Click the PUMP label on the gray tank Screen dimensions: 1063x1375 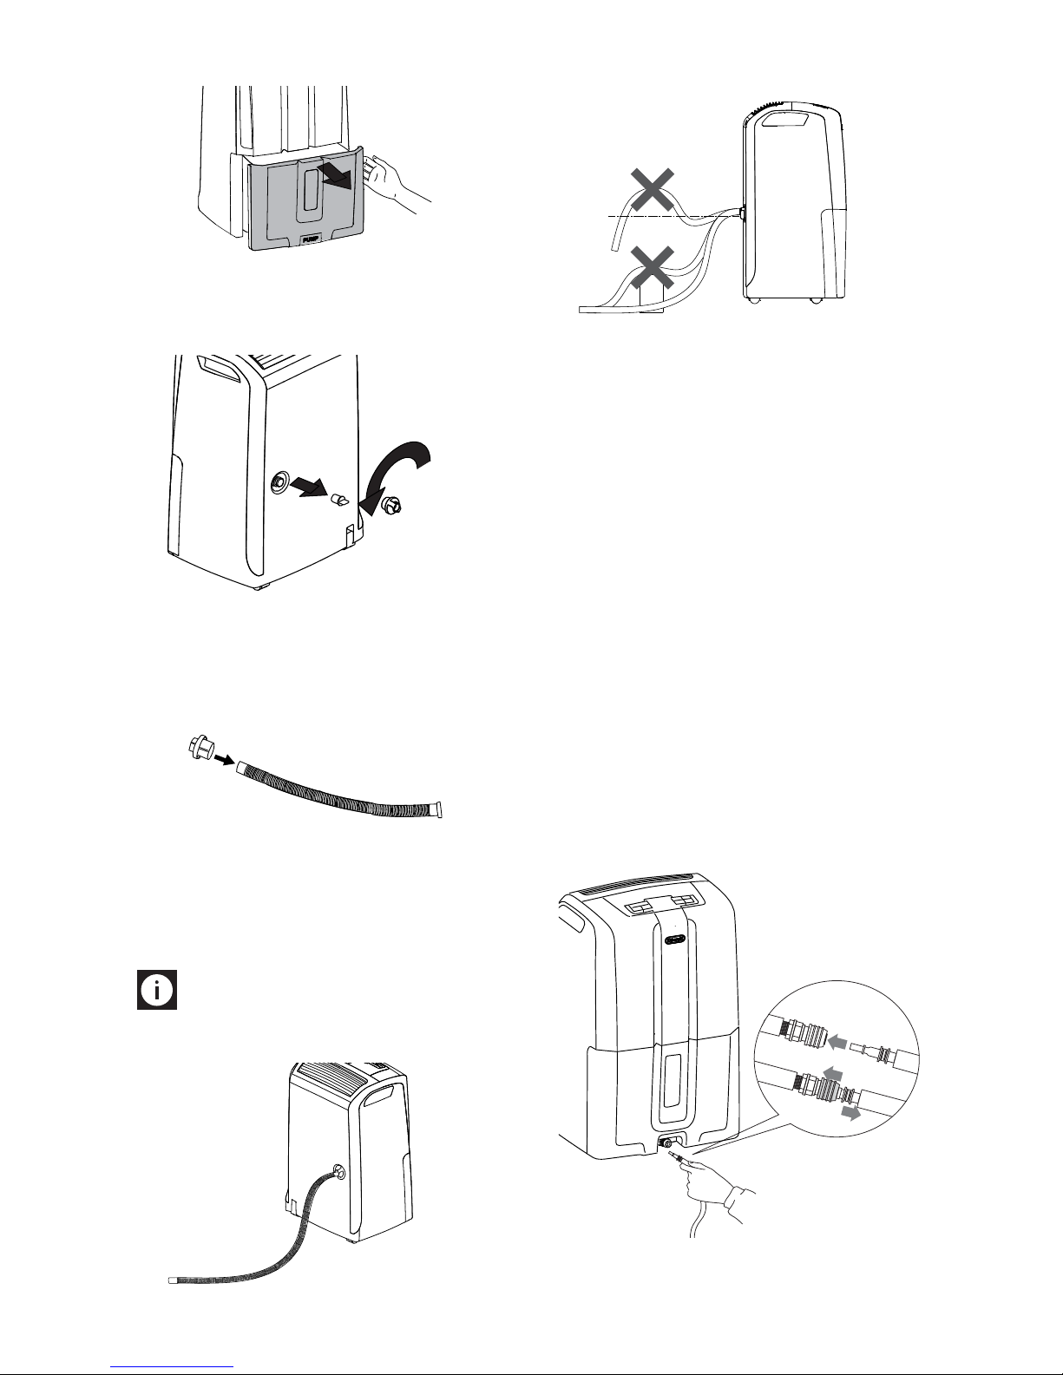coord(311,239)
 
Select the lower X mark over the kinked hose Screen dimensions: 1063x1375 coord(653,267)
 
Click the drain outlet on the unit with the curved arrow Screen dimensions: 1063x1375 coord(279,482)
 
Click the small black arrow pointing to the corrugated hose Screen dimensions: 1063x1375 coord(225,760)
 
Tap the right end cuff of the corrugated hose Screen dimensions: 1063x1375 coord(436,809)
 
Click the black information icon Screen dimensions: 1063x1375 coord(157,989)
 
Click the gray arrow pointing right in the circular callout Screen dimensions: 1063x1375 coord(851,1114)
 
